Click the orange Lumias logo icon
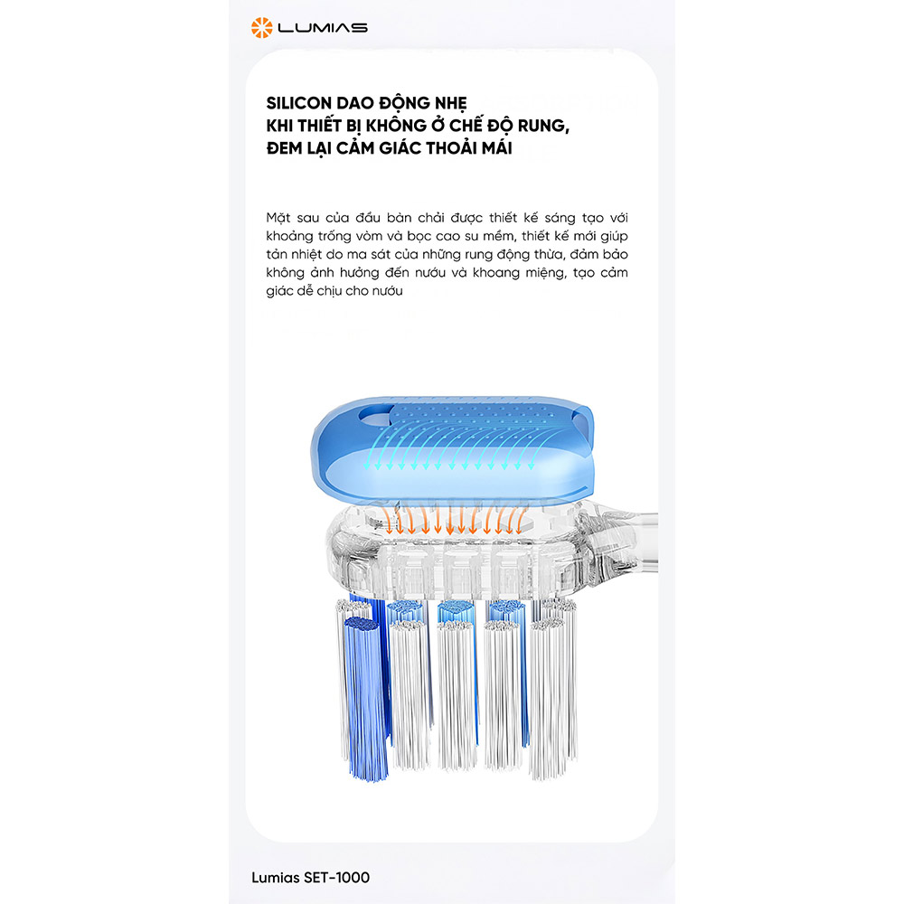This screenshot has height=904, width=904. click(261, 28)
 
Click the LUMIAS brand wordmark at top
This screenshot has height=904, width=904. click(323, 28)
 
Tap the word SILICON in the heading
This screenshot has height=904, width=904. click(298, 103)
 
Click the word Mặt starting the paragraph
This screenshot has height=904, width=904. click(278, 218)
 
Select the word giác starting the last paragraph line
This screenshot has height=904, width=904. click(279, 292)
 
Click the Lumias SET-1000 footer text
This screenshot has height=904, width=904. click(310, 878)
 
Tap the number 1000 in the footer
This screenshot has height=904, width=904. click(353, 878)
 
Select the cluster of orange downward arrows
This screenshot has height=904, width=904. click(454, 518)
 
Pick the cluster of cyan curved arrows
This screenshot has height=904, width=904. click(449, 447)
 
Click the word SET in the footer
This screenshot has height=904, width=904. click(315, 878)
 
